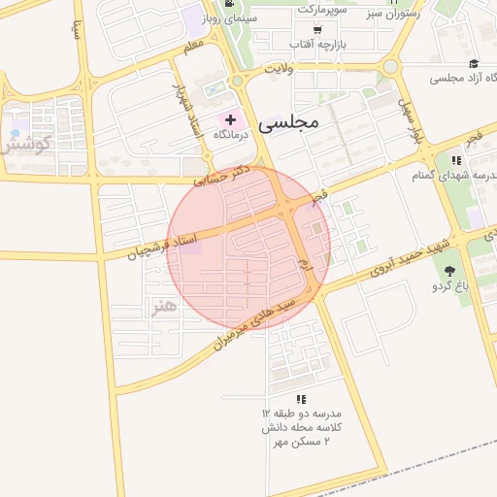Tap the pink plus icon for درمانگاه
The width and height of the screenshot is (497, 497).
[230, 118]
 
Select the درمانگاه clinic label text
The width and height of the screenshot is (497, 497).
[231, 135]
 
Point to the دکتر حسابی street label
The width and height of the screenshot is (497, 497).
[222, 175]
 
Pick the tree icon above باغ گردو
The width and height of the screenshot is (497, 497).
[449, 271]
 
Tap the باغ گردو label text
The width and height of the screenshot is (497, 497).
[450, 287]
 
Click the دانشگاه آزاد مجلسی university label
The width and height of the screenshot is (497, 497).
[450, 78]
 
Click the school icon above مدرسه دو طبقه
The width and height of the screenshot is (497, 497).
[301, 399]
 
